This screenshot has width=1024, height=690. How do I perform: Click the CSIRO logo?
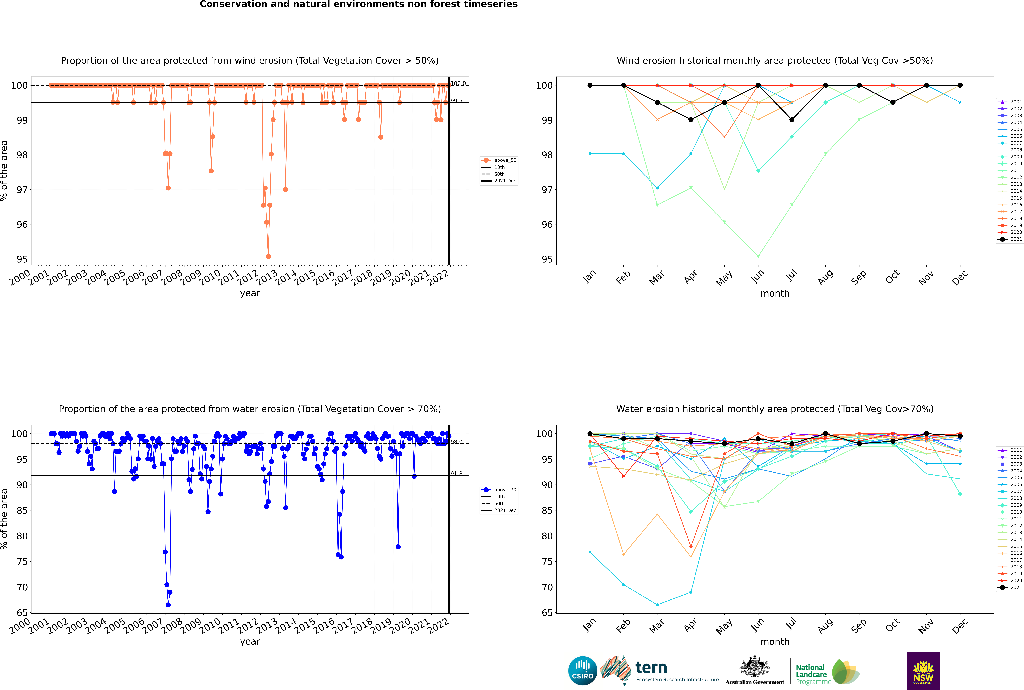[582, 671]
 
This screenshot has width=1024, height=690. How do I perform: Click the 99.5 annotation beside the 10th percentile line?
[457, 101]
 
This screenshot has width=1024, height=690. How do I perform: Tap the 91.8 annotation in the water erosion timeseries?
[457, 474]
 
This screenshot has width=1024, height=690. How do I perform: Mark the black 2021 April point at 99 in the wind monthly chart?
[691, 120]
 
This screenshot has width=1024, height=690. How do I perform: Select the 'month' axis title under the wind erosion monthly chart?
[775, 294]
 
